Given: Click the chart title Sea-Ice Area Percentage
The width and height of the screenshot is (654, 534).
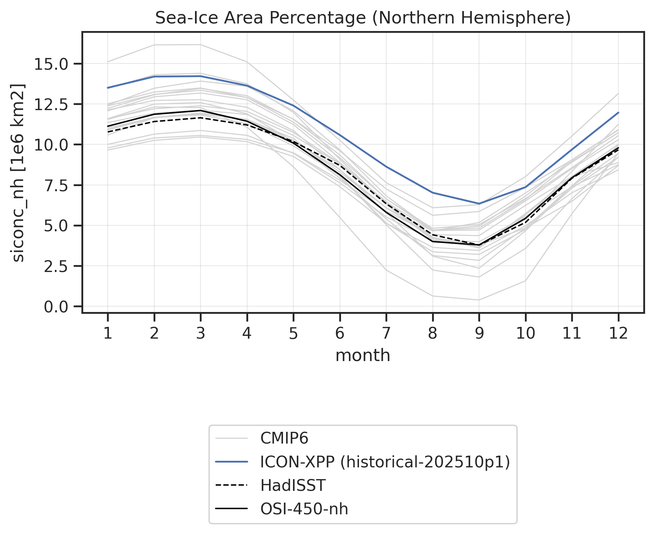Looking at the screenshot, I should tap(363, 18).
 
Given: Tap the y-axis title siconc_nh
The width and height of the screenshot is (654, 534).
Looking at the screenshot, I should tap(18, 173).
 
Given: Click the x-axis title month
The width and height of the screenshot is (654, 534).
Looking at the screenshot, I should tap(363, 355).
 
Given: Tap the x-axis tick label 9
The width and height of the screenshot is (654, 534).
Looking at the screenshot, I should tap(479, 333).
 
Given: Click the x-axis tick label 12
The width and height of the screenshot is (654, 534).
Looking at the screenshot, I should tap(618, 333).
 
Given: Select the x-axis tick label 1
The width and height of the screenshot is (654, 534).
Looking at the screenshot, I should tap(108, 333).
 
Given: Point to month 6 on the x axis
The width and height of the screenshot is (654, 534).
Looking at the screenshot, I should tap(340, 333).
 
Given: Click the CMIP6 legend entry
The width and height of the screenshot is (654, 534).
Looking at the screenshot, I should tap(284, 438).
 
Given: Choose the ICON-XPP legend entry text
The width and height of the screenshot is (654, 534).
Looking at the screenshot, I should tap(385, 462).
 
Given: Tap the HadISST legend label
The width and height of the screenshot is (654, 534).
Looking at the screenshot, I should tap(293, 486).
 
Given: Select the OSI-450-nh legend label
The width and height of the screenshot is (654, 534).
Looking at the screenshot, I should tap(304, 509).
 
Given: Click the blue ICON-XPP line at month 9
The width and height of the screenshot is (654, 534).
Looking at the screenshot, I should tap(479, 204).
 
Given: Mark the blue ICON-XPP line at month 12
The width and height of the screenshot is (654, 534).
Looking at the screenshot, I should tap(618, 113).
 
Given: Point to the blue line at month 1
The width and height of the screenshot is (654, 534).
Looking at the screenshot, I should tap(108, 88).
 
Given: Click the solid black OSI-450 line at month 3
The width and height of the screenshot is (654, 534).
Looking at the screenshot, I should tap(201, 110).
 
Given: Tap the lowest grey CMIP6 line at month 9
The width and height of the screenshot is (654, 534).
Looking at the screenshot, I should tap(479, 300).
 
